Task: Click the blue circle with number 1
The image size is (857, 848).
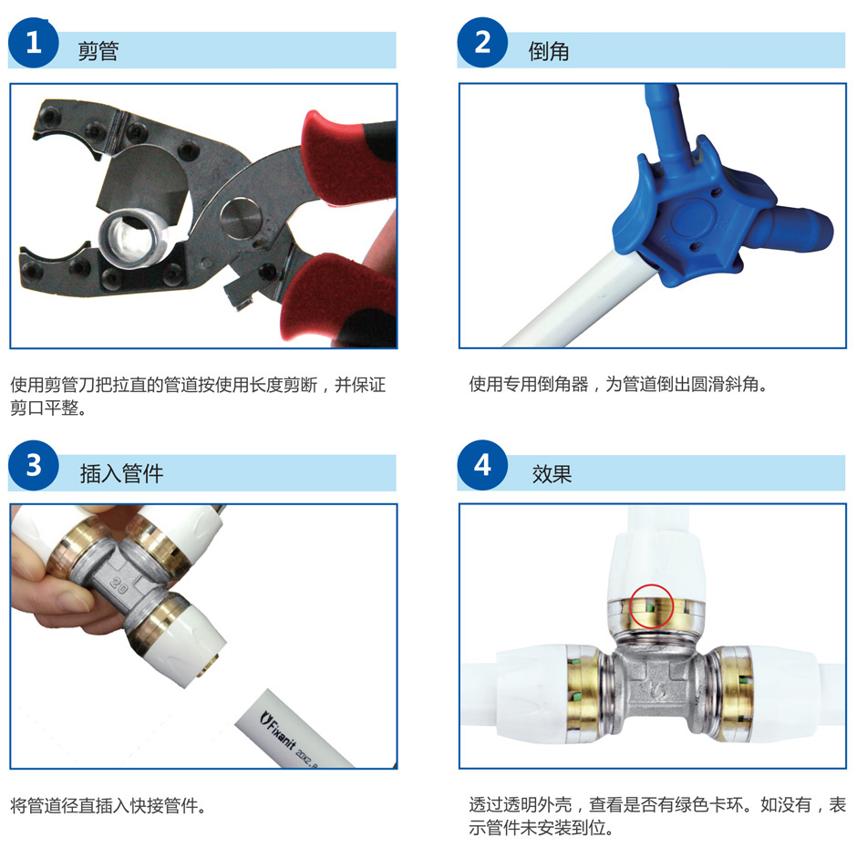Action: [x=34, y=43]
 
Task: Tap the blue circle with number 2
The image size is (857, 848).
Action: [x=482, y=42]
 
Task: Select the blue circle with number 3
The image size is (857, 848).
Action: [x=34, y=465]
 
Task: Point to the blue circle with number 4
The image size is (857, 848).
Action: [x=482, y=465]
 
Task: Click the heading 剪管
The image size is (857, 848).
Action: [x=98, y=51]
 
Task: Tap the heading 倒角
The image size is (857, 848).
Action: [x=549, y=51]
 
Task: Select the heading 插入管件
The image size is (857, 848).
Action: [x=121, y=473]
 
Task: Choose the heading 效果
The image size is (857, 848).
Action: [x=552, y=474]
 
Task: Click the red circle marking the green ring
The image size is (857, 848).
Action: [x=652, y=605]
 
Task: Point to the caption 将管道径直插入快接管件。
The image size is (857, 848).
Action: [x=108, y=805]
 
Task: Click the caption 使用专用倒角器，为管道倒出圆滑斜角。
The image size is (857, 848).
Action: [x=618, y=384]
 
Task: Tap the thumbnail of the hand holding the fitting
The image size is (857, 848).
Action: [x=203, y=636]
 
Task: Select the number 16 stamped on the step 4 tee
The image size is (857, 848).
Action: [x=658, y=692]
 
